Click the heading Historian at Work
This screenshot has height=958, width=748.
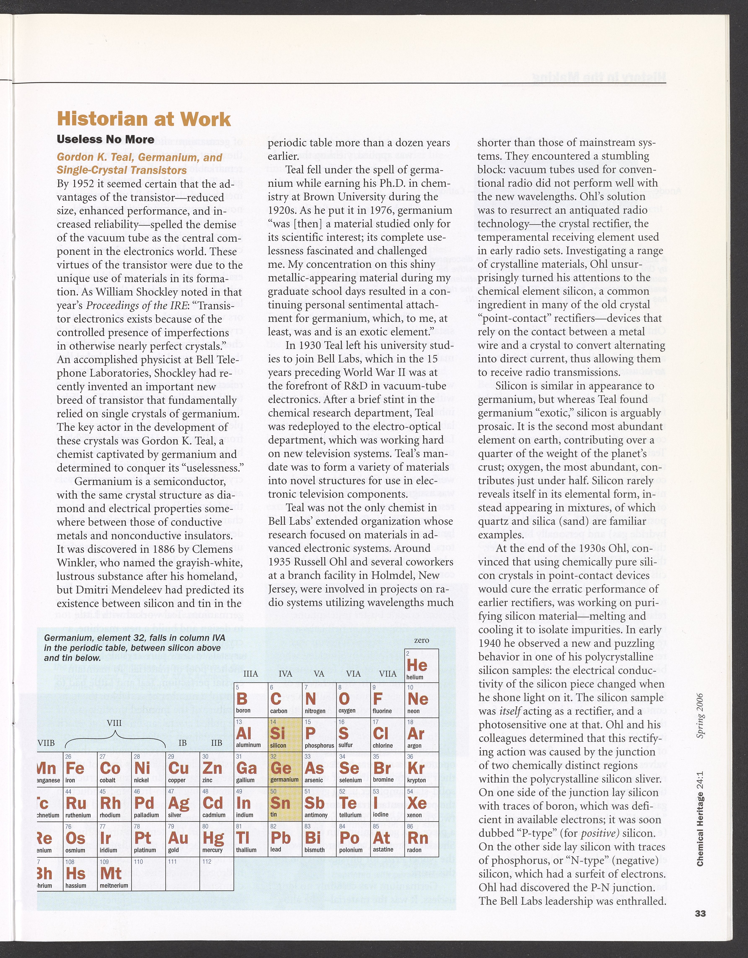(x=144, y=119)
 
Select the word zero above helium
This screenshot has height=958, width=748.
(x=421, y=640)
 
